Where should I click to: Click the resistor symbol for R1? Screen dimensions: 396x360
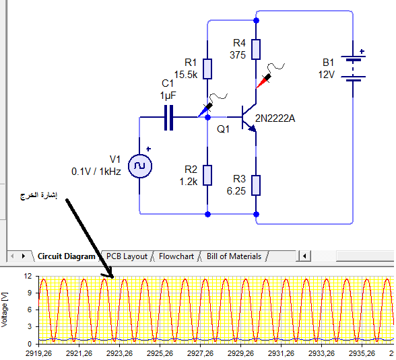point(207,69)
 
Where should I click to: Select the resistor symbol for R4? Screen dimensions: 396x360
point(256,49)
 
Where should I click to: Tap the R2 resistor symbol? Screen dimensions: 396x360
point(207,176)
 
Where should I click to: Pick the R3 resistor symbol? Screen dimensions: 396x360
point(256,186)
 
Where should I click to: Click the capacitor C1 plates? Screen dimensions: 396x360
point(168,118)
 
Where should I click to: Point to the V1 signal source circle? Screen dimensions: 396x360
point(140,166)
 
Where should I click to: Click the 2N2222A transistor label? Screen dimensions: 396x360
point(275,118)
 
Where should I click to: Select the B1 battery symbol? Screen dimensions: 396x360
point(353,69)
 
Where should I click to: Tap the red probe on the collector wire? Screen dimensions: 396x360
point(264,81)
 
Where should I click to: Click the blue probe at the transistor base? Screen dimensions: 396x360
point(205,110)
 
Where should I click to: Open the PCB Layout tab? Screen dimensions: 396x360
point(127,256)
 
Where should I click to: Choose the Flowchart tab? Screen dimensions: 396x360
point(176,256)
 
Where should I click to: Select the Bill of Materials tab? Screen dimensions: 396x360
point(234,256)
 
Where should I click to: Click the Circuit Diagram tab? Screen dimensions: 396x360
point(67,256)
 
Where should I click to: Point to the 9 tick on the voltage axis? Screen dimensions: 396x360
point(30,293)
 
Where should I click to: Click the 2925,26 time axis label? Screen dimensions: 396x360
point(160,353)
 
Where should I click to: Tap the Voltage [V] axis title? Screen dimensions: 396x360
point(4,310)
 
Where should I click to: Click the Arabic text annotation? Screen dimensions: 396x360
point(38,196)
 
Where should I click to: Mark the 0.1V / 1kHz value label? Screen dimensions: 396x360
point(96,172)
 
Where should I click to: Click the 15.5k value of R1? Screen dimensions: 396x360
point(186,75)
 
